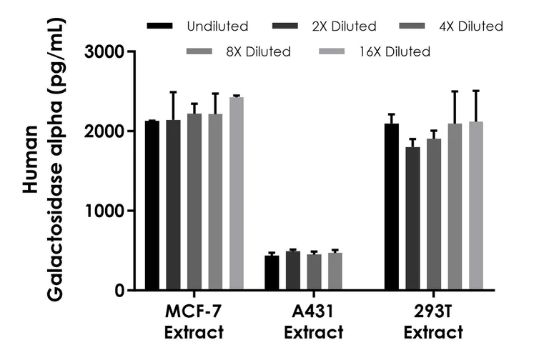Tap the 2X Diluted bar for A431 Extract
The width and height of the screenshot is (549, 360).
(x=293, y=271)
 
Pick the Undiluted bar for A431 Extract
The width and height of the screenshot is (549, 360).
(x=272, y=273)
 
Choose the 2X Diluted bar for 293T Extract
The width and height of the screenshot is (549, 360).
(x=412, y=219)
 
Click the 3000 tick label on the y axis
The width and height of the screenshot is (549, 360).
(x=105, y=52)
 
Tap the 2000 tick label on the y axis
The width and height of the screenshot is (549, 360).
(x=105, y=131)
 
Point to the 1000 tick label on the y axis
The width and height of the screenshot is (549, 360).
(x=105, y=211)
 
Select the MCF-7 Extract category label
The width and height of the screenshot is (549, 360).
(x=193, y=322)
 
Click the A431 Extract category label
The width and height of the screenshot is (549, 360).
(x=313, y=322)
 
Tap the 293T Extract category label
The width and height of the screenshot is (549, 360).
(x=432, y=322)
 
